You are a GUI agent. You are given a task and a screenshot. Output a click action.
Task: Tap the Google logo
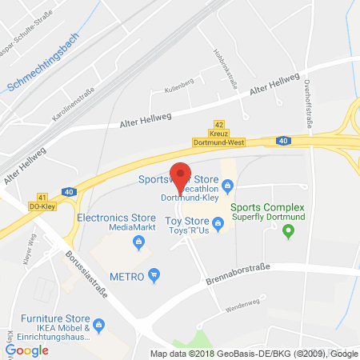(x=26, y=350)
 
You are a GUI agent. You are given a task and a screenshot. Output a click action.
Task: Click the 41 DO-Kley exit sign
(x=42, y=201)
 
